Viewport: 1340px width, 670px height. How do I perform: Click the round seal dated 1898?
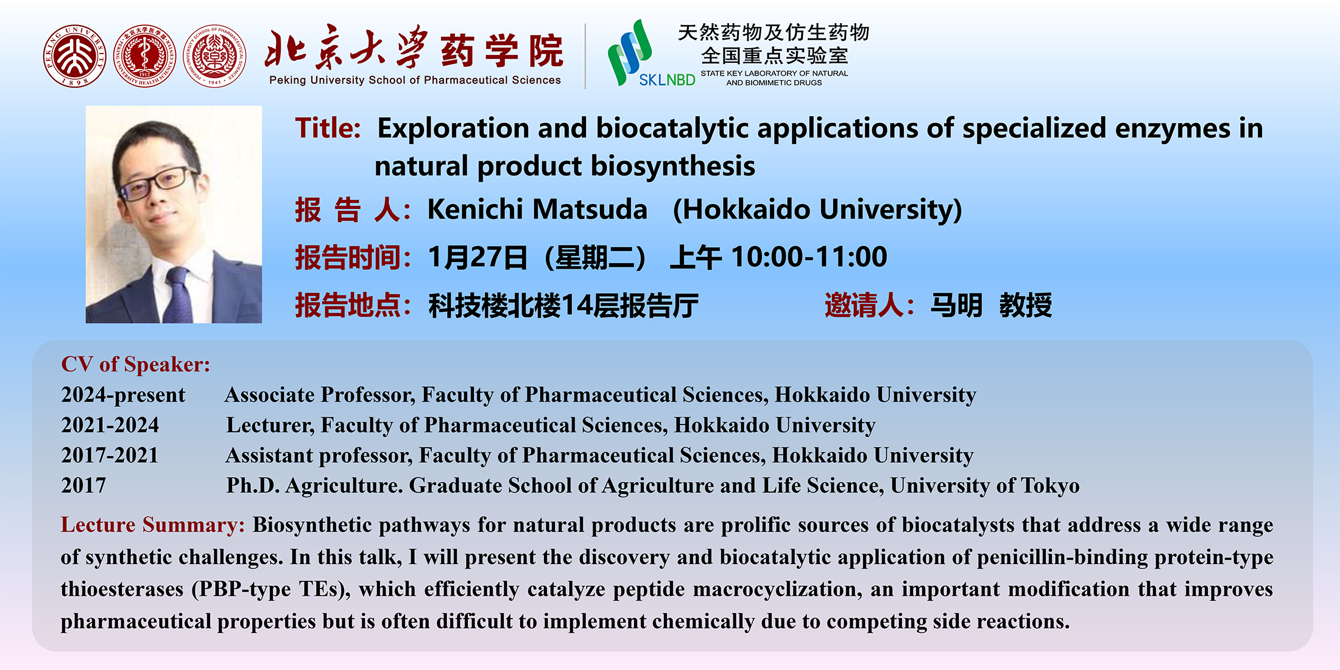tap(75, 56)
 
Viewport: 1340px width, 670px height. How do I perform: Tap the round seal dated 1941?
tap(214, 56)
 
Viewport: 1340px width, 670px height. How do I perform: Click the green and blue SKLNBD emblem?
tap(630, 52)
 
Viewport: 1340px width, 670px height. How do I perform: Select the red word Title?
tap(328, 129)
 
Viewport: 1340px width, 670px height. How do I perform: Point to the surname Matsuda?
tap(590, 209)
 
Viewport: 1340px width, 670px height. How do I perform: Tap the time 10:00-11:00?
tap(809, 256)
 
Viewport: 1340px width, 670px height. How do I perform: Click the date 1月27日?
tap(478, 257)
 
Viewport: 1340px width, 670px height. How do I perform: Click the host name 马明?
tap(956, 305)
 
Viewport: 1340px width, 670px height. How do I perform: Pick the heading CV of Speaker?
tap(135, 364)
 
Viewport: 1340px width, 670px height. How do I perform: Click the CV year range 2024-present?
tap(123, 395)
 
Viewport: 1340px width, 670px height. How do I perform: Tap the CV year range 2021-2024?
tap(110, 425)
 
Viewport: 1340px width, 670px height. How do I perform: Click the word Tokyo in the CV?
tap(1050, 485)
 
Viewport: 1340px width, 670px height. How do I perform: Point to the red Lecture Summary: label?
tap(152, 524)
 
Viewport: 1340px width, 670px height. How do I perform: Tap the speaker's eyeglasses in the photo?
tap(157, 183)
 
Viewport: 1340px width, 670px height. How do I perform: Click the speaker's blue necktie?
tap(179, 295)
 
